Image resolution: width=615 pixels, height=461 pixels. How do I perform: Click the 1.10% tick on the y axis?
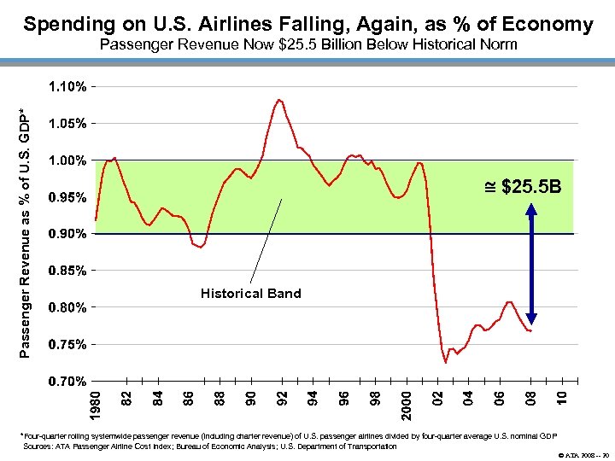66,87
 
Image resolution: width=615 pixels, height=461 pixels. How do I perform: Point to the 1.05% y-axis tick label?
66,124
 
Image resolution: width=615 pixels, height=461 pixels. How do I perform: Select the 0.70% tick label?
66,380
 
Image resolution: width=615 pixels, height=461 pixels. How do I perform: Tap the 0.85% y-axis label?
66,271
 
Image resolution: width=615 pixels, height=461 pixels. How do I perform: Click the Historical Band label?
250,294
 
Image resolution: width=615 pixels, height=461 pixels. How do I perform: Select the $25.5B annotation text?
524,185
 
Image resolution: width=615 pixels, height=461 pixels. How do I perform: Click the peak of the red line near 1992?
279,100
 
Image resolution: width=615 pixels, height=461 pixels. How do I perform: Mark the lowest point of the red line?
445,363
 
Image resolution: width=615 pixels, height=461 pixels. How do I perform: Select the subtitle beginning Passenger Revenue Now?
308,44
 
